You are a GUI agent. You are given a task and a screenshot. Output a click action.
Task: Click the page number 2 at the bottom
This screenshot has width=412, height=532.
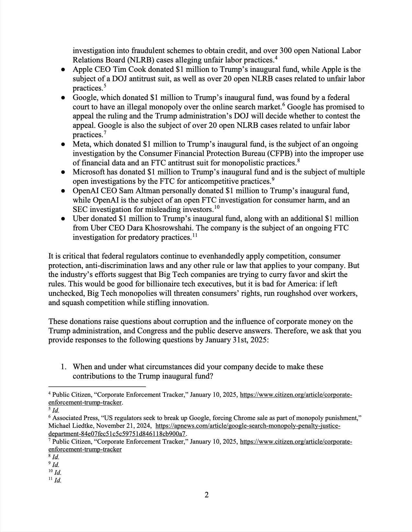tap(206, 495)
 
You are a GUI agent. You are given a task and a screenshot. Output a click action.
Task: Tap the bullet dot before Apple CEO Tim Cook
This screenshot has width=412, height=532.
tap(64, 70)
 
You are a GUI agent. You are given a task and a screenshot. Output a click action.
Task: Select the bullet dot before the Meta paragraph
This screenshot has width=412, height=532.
tap(64, 144)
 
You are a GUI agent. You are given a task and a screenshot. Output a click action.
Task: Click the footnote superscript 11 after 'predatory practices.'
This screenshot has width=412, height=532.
tap(194, 236)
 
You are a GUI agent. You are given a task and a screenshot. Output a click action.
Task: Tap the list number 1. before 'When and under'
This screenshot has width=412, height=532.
tap(64, 367)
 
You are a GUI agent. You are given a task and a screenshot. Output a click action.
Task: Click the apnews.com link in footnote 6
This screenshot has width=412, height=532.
tap(248, 426)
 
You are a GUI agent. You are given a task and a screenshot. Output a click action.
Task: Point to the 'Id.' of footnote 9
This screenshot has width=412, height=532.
tap(55, 465)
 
